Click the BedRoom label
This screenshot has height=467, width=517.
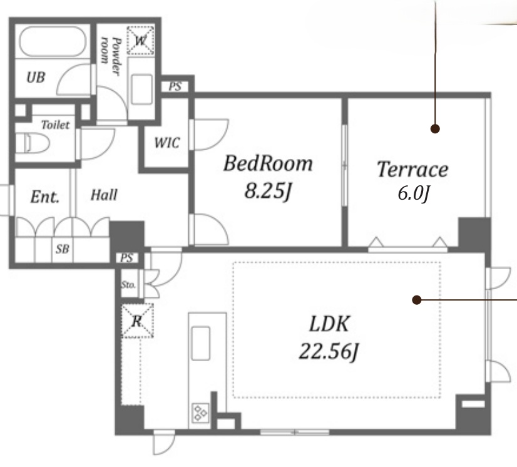coord(268,163)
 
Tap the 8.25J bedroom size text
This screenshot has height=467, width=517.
coord(268,191)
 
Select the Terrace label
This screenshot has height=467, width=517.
coord(412,169)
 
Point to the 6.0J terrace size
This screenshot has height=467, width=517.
coord(414,193)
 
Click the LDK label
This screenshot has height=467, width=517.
coord(329,324)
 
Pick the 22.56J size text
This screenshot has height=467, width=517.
coord(329,351)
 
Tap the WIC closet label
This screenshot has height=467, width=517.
coord(167,143)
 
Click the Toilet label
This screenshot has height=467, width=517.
coord(55,125)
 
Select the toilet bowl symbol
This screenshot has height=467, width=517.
coord(33,143)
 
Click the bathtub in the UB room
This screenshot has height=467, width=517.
coord(53,41)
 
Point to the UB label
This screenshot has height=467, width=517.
coord(36,77)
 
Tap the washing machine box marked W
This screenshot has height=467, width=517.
coord(140,41)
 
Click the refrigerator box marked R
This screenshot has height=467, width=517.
coord(138,321)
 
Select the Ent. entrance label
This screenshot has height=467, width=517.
coord(45,197)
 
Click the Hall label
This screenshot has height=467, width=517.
coord(104,195)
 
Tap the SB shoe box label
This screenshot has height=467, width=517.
coord(63,249)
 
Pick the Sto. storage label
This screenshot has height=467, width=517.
coord(128,285)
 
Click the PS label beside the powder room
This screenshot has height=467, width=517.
coord(175,86)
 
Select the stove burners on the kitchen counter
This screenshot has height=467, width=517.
coord(200,413)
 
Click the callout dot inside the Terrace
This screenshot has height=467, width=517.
coord(435,128)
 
